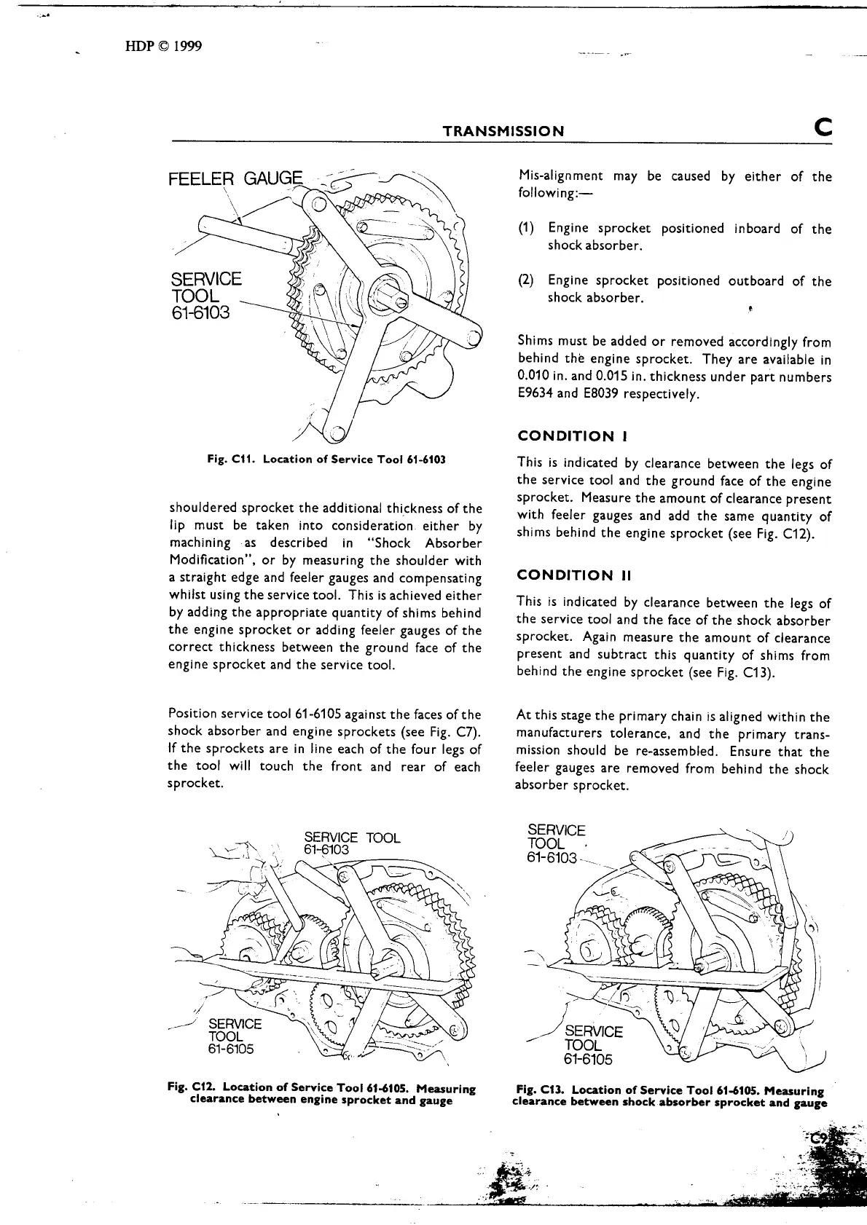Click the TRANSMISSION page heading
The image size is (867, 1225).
point(503,131)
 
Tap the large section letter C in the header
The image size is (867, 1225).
point(824,128)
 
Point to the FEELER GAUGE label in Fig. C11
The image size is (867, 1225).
point(235,179)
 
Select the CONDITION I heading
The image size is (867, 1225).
point(573,436)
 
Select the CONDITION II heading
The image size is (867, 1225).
point(575,575)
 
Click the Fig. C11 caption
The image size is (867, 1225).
point(326,460)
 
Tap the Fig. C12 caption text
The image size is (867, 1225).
point(321,1095)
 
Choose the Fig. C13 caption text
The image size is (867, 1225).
point(670,1096)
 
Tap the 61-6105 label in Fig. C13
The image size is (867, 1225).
point(588,1059)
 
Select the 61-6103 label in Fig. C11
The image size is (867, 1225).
point(200,313)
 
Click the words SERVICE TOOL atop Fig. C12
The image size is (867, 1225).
point(352,838)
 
